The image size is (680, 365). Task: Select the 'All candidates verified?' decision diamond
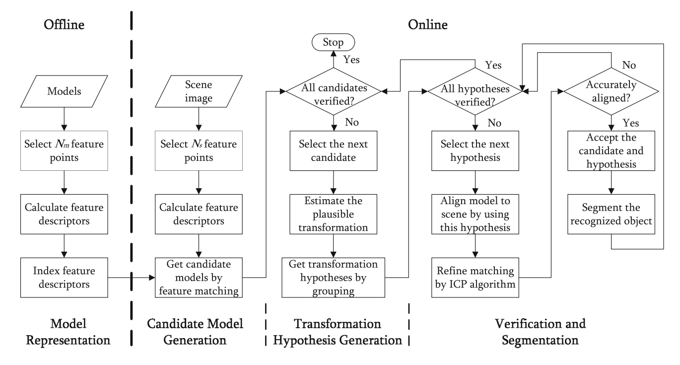coord(332,91)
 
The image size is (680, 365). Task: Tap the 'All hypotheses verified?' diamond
coord(476,91)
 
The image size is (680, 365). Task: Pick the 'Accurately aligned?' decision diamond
coord(611,91)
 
